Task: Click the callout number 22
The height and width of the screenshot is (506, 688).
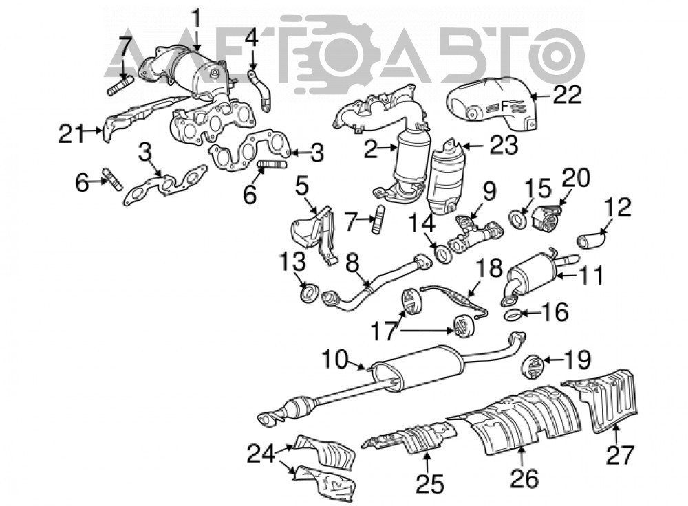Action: point(567,94)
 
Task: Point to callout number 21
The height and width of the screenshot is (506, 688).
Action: point(72,133)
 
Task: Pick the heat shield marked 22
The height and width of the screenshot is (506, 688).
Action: point(492,104)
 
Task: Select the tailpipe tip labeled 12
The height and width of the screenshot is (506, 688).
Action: point(591,240)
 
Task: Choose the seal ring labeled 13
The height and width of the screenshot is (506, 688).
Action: point(309,292)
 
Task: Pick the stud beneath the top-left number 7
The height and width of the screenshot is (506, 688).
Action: point(120,85)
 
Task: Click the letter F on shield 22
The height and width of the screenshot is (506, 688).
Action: point(504,105)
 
